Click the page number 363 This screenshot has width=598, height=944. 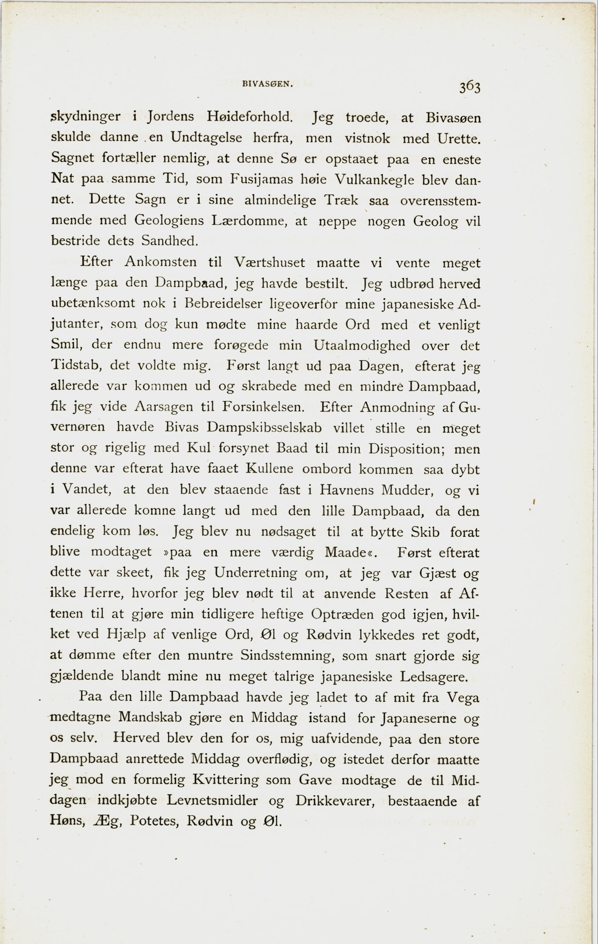(470, 87)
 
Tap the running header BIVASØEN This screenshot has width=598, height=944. (268, 84)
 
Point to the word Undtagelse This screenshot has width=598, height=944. (206, 137)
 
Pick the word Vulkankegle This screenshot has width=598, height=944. (374, 180)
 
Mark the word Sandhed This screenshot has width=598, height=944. (170, 240)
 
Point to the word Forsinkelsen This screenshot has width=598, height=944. (263, 407)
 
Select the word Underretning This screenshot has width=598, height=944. (255, 573)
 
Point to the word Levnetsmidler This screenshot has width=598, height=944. (212, 800)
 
